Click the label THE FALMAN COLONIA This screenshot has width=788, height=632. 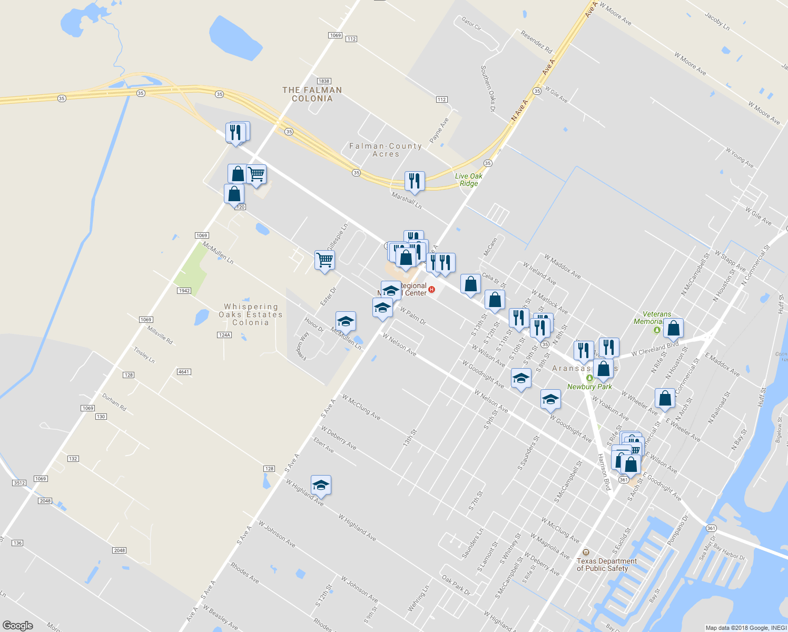tap(312, 94)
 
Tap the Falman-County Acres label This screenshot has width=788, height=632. tap(386, 150)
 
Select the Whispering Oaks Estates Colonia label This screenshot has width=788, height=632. tap(251, 314)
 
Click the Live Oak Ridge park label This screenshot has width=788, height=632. tap(468, 180)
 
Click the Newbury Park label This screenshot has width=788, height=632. tap(589, 387)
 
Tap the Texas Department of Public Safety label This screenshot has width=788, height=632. tap(606, 565)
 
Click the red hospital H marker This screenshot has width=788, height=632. tap(432, 289)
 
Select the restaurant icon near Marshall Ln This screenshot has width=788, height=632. tap(415, 181)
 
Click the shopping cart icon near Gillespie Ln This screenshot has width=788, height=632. tap(324, 260)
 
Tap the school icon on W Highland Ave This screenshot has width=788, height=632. tap(321, 485)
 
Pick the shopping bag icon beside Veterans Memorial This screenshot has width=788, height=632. tap(673, 328)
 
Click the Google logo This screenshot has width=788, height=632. tap(18, 625)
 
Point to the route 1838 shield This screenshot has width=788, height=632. tap(323, 81)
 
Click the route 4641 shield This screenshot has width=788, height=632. tap(183, 372)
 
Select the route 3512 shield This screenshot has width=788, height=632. tap(19, 482)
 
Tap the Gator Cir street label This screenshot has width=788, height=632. tap(471, 24)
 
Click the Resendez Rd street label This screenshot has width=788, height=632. tap(536, 42)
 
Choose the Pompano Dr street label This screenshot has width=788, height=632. tap(678, 530)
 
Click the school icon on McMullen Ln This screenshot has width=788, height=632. tap(346, 321)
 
